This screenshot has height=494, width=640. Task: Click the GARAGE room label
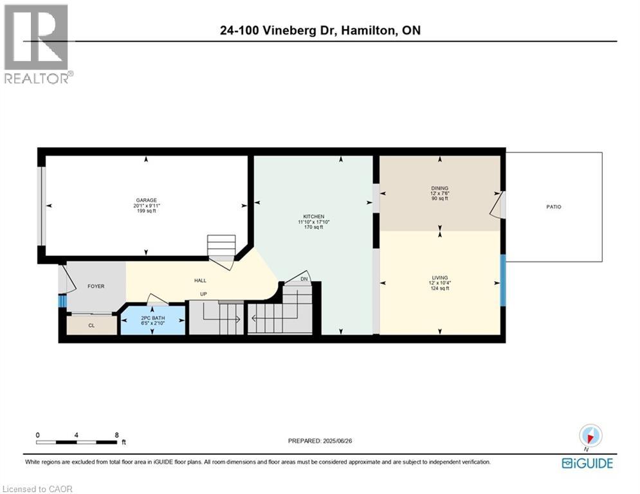[x=146, y=200]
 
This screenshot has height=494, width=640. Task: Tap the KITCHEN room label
[x=314, y=216]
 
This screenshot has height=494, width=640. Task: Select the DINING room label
[x=440, y=188]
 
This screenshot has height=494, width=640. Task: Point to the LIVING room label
[x=440, y=277]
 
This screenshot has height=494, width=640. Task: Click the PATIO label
[x=554, y=207]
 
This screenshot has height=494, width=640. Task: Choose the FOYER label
[x=96, y=286]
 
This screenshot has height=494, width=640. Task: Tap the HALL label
[x=200, y=280]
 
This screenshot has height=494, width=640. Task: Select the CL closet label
[x=91, y=325]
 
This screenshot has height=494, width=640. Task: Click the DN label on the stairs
[x=306, y=279]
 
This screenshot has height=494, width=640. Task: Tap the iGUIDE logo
[x=587, y=463]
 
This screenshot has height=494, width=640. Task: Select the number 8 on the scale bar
[x=116, y=435]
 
